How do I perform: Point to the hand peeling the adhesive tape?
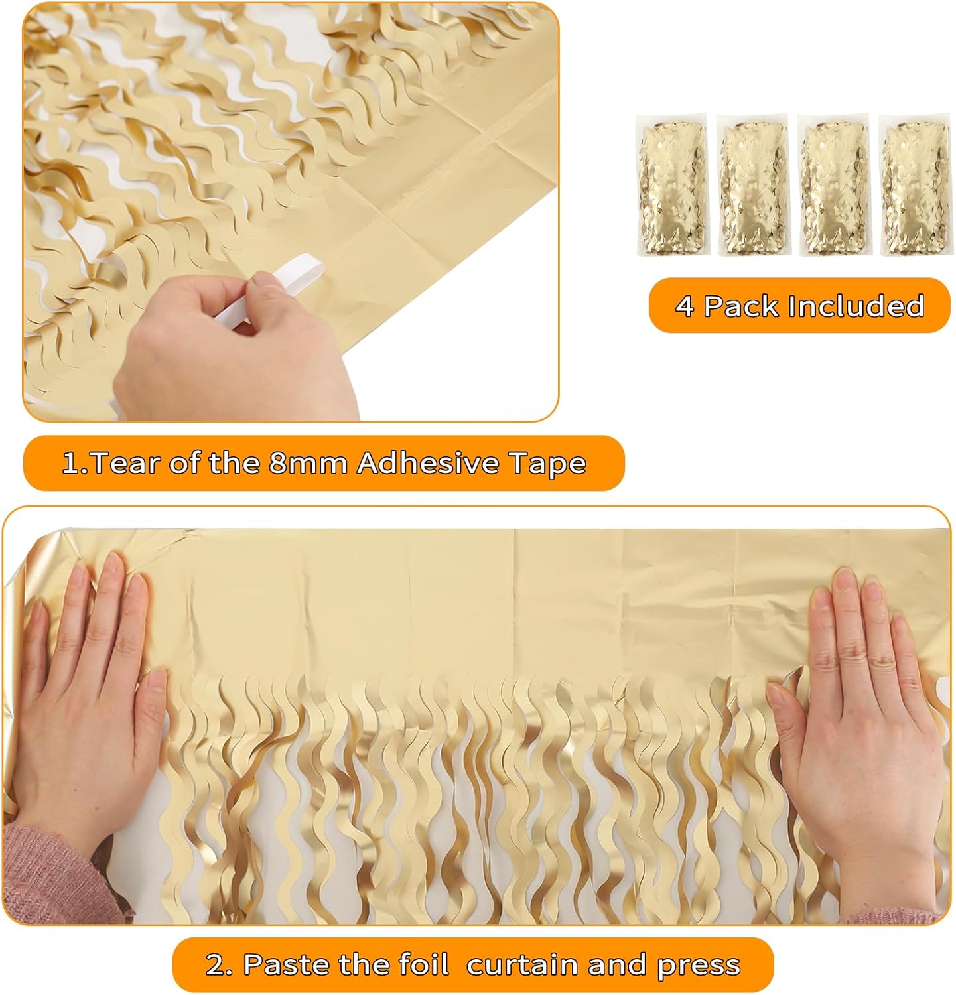pos(219,345)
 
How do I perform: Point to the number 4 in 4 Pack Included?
pos(684,306)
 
